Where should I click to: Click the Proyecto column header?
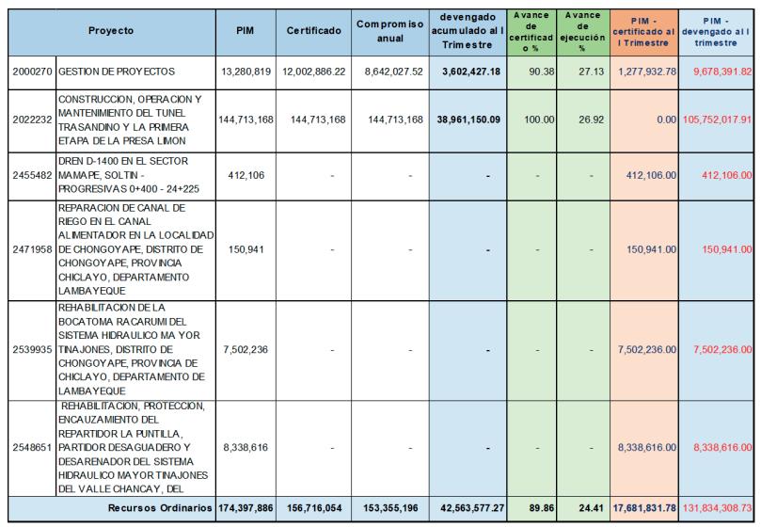point(111,30)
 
